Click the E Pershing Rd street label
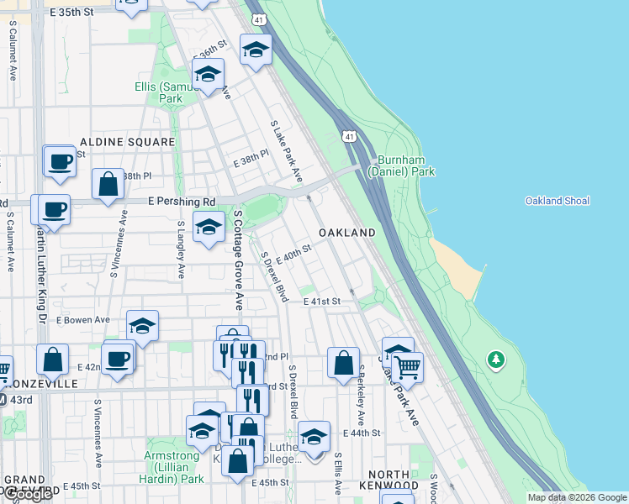point(181,202)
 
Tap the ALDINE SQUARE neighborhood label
point(127,142)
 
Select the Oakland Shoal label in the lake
point(557,201)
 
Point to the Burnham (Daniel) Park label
point(405,165)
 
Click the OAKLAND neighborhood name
point(346,233)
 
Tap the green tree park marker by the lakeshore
point(496,360)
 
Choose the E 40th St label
point(293,253)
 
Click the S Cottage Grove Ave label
point(238,260)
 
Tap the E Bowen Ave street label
point(83,320)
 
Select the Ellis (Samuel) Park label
point(159,92)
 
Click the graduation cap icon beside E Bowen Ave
point(143,326)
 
